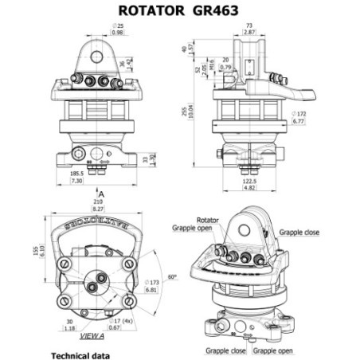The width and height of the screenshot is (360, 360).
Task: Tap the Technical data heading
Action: click(x=80, y=354)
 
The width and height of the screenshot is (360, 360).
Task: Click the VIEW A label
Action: click(x=104, y=337)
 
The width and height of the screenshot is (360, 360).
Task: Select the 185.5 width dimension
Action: click(x=76, y=173)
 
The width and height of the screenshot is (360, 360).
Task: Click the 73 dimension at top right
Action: click(x=250, y=25)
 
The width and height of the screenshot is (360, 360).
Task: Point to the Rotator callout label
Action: click(x=208, y=219)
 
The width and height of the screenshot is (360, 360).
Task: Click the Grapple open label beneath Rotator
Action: click(x=193, y=227)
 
